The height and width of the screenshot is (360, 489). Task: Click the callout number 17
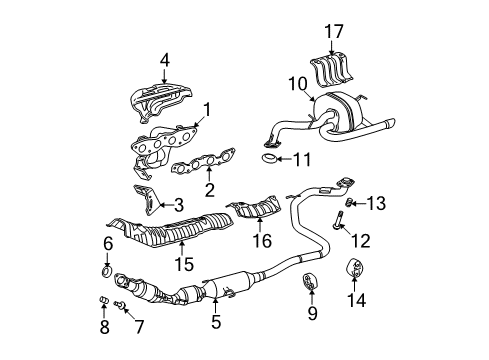334,31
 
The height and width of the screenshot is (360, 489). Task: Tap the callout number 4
164,61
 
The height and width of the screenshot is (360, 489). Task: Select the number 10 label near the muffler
298,84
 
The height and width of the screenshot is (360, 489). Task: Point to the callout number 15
184,264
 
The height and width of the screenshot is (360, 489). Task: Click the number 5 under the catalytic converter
216,322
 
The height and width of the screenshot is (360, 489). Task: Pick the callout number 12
361,240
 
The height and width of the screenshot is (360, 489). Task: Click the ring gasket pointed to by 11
269,159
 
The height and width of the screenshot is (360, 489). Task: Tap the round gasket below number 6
107,271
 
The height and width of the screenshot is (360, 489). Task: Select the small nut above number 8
104,300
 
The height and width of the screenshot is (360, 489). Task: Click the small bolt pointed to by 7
119,304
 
